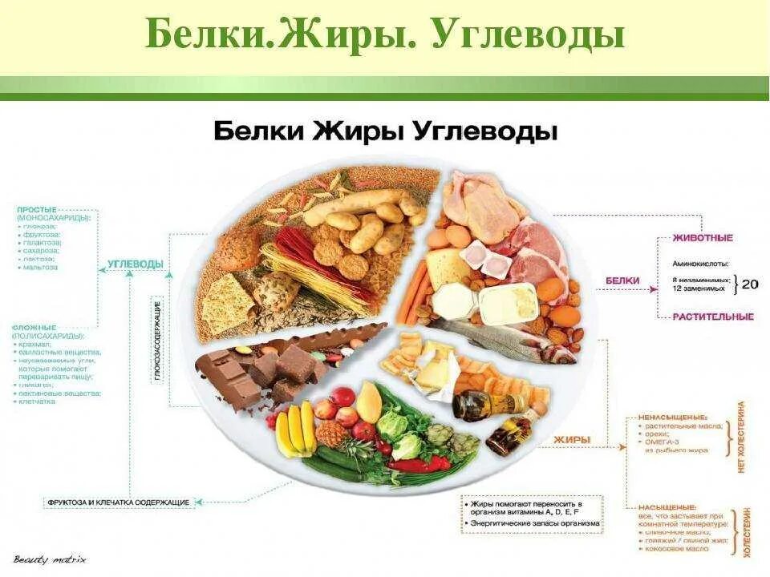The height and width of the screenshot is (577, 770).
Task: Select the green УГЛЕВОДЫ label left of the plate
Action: point(136,264)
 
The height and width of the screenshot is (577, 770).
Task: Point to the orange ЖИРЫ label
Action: point(572,439)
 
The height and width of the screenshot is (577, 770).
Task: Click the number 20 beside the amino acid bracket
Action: point(750,283)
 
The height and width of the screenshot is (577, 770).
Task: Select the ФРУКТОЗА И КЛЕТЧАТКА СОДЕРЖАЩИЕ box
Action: point(119,502)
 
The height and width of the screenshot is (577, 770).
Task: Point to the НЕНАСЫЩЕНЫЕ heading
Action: point(672,418)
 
